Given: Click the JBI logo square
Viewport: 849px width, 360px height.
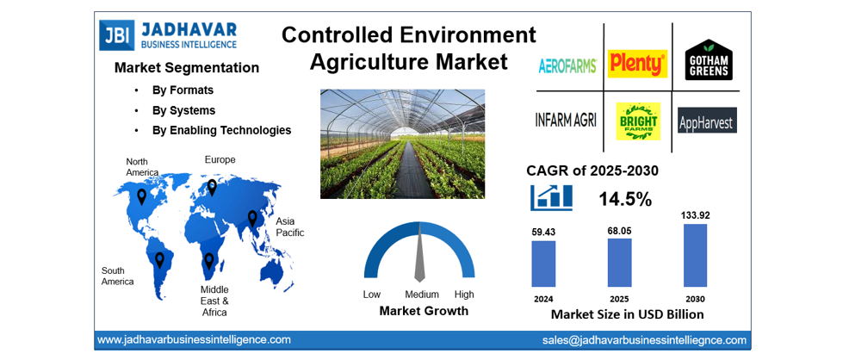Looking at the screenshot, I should coord(113,34).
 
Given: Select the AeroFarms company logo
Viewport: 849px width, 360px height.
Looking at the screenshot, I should coord(567,65).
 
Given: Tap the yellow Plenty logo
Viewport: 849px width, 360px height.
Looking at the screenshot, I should coord(637,64).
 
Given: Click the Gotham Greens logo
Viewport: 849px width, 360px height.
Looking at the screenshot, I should coord(709,60).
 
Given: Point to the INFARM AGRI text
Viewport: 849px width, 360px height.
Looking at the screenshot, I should coord(566,120).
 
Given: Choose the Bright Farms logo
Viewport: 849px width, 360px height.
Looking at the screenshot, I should coord(638,121).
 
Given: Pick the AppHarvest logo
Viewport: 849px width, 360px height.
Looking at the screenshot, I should coord(707,121).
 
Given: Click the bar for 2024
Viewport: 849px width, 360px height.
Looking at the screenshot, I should coord(543,264).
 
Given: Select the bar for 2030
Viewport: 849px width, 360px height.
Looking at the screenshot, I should coord(695,255).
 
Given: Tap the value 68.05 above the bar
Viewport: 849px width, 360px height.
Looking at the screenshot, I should coord(619,230).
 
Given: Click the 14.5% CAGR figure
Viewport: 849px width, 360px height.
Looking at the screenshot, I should coord(624,199).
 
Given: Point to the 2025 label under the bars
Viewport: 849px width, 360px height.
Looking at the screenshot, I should coord(619,299).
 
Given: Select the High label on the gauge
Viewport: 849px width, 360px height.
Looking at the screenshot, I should coord(464,295).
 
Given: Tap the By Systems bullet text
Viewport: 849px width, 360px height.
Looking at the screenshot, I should coord(183,110).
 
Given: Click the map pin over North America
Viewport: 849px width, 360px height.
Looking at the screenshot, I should coord(142,196).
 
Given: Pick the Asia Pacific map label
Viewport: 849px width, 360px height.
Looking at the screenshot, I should coord(289,227).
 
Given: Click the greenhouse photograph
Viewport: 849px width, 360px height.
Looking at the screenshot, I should coord(402,144).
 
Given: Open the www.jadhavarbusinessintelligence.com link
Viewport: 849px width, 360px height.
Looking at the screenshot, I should coord(193,340).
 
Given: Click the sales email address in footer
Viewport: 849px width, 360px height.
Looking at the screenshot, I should coord(644,340).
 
